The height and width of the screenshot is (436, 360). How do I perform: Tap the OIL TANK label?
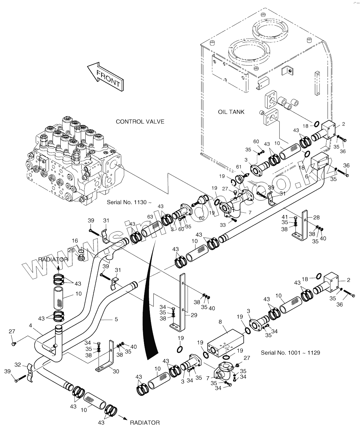point(231,112)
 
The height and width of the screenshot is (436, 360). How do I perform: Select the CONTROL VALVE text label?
point(140,122)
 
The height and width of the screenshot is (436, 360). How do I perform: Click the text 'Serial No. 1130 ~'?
point(129,203)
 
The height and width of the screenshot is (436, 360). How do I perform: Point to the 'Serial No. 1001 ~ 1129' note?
point(290,352)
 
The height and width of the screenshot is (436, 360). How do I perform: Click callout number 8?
point(220,322)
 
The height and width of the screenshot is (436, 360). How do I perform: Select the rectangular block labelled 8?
point(226,341)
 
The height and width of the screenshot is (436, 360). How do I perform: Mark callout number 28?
point(317,217)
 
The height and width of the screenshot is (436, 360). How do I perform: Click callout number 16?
point(75,241)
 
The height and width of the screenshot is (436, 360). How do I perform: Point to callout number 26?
point(71,250)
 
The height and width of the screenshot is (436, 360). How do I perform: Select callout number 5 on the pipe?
point(116,319)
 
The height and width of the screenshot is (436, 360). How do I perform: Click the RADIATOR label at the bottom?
point(145,422)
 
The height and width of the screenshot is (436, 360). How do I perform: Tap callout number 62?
point(202,218)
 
